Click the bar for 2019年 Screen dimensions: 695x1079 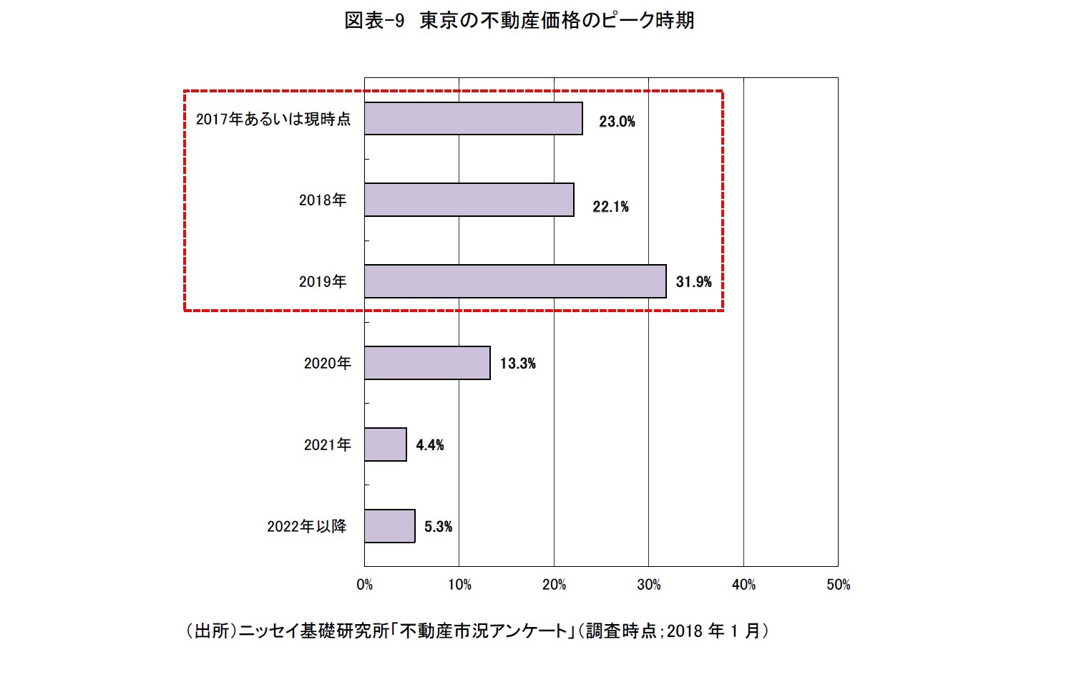(515, 281)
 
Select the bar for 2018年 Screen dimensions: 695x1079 (469, 200)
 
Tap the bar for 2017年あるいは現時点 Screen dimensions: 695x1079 (473, 119)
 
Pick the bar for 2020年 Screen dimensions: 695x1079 (427, 363)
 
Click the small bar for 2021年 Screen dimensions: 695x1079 (386, 444)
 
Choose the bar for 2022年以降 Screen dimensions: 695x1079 (390, 526)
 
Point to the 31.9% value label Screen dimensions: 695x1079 (693, 282)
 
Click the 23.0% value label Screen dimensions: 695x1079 (617, 122)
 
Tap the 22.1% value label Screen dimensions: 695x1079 (610, 207)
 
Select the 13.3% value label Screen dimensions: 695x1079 (517, 364)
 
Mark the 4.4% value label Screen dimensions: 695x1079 (429, 445)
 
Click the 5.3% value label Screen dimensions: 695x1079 (438, 527)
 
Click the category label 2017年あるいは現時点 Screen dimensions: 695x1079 (273, 120)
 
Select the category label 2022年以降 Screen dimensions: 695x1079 (306, 527)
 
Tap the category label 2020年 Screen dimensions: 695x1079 (327, 364)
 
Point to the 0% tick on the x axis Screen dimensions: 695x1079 (364, 585)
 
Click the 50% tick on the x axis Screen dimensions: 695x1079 (838, 585)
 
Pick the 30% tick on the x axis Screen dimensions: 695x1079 (648, 585)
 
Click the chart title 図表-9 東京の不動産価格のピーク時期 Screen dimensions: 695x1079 (519, 21)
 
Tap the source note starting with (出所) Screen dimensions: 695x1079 (477, 631)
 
